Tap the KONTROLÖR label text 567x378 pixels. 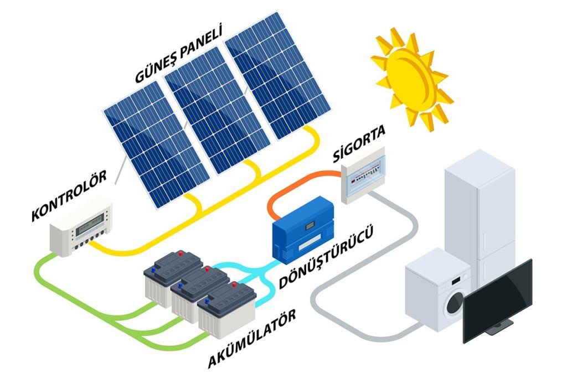click(x=69, y=195)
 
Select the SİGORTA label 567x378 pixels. click(x=359, y=143)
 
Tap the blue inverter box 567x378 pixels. click(x=303, y=230)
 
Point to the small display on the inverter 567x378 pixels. click(x=310, y=226)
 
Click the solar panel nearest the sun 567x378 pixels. click(x=278, y=75)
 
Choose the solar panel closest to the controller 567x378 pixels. click(x=156, y=144)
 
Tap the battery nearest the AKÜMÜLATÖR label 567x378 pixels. click(x=226, y=310)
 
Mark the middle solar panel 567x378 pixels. click(x=217, y=110)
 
